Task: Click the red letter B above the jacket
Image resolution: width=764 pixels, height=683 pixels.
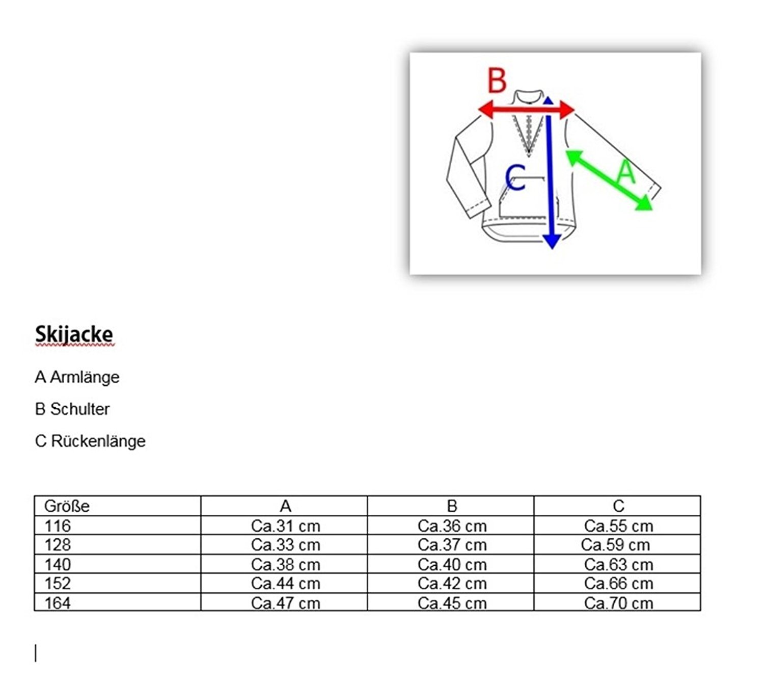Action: click(497, 80)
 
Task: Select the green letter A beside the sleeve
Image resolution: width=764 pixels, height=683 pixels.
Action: click(626, 171)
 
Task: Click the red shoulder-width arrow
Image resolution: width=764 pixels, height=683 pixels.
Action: click(526, 110)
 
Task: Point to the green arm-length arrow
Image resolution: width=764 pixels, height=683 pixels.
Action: click(609, 180)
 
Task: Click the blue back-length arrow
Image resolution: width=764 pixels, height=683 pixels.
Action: click(550, 172)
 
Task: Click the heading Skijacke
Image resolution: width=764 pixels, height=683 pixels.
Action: click(74, 334)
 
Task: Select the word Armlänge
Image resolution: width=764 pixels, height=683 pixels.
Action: click(85, 377)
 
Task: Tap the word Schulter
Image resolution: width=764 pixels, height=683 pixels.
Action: click(80, 409)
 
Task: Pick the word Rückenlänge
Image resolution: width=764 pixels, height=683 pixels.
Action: click(98, 441)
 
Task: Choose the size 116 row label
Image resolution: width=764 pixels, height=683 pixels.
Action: click(58, 526)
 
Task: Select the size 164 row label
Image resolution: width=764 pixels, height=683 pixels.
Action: click(58, 603)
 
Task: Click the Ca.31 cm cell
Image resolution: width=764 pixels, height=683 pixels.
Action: click(285, 526)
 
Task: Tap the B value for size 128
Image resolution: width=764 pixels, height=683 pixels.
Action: click(452, 545)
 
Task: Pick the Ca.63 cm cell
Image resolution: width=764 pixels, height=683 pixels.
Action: click(618, 565)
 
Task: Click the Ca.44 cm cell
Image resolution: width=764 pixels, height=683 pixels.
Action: click(285, 584)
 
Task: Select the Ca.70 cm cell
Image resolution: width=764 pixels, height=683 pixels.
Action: click(618, 603)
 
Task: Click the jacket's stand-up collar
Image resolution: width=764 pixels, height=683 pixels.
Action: click(529, 97)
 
